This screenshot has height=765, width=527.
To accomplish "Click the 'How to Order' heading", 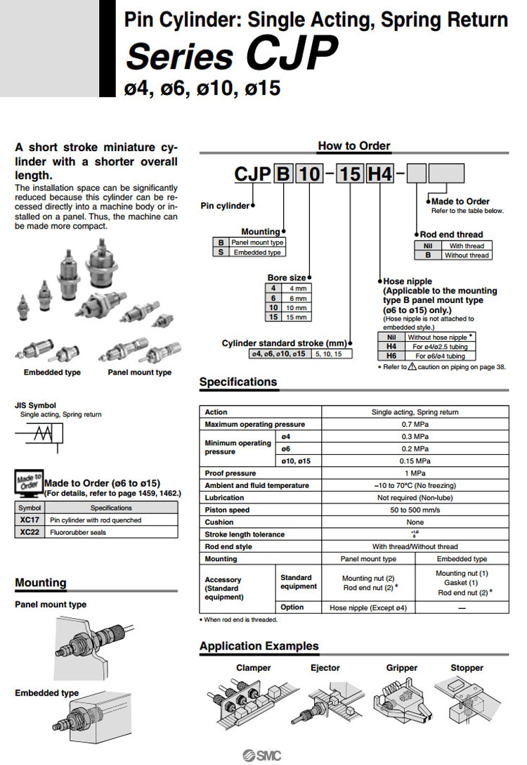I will coord(354,146).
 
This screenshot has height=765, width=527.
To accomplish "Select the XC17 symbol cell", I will coord(30,520).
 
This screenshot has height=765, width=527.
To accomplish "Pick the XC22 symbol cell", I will coord(30,532).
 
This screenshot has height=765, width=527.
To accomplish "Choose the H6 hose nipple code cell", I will coord(391,356).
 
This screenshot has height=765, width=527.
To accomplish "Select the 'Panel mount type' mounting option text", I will coord(257,243).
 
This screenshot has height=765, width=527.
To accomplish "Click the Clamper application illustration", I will coord(242,704).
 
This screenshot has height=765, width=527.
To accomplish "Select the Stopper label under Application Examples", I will coord(467,668).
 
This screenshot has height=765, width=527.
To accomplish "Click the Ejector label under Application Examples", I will coord(325,668).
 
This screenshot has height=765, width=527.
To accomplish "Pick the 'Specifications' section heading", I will coord(238,382).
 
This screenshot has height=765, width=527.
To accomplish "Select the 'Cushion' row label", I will coord(219,522).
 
